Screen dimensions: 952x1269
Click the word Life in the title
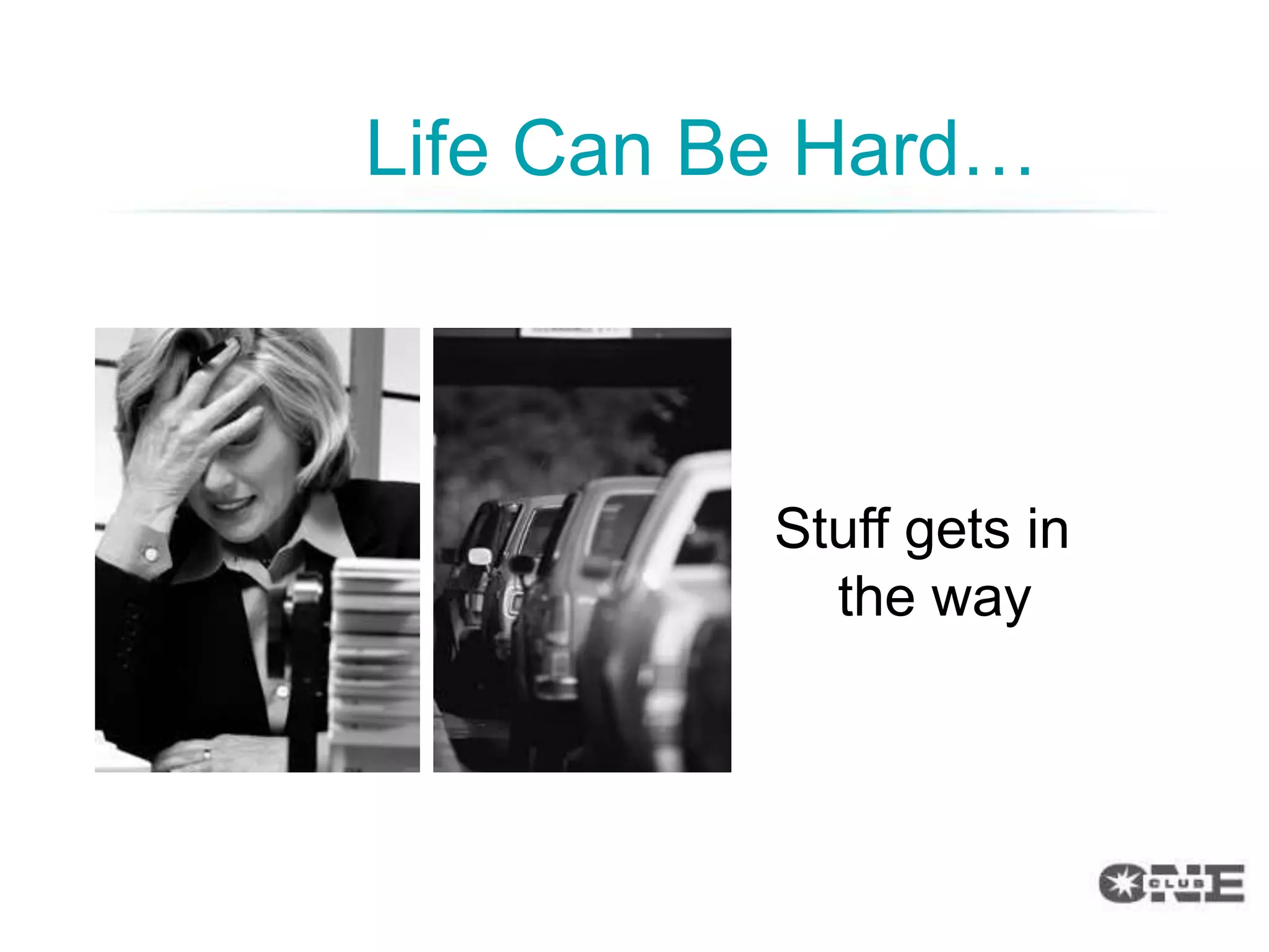pos(427,149)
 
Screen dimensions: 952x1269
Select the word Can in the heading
pos(582,149)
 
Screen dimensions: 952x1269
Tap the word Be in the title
pos(722,149)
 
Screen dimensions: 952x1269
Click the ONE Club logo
pos(1171,883)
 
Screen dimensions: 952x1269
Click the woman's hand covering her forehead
pos(186,434)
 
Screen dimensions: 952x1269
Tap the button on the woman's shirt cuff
pos(151,553)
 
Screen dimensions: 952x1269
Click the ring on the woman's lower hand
pos(206,754)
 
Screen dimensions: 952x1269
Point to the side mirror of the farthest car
pos(478,556)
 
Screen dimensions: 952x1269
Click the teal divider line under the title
pos(632,211)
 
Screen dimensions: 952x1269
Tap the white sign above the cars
pos(575,332)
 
